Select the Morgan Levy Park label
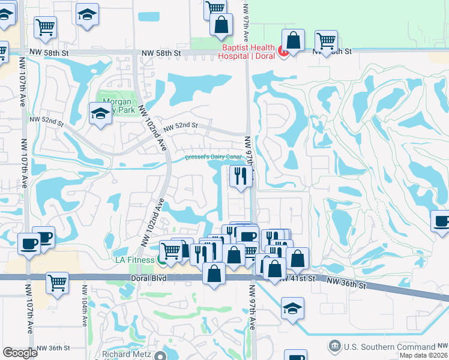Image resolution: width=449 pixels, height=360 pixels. [x=118, y=106]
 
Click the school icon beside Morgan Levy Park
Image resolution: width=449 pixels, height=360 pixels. [x=100, y=113]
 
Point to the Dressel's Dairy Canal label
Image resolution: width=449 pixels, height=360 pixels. [x=212, y=157]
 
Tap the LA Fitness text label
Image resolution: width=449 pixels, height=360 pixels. [x=134, y=259]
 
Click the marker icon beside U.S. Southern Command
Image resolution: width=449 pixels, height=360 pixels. [x=334, y=346]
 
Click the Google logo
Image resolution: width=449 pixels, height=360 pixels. [x=20, y=352]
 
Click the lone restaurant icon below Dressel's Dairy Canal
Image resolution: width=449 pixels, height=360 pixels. [x=240, y=176]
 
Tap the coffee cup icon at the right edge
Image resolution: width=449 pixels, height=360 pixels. [x=442, y=220]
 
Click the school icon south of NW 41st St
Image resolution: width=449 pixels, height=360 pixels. [x=292, y=308]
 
